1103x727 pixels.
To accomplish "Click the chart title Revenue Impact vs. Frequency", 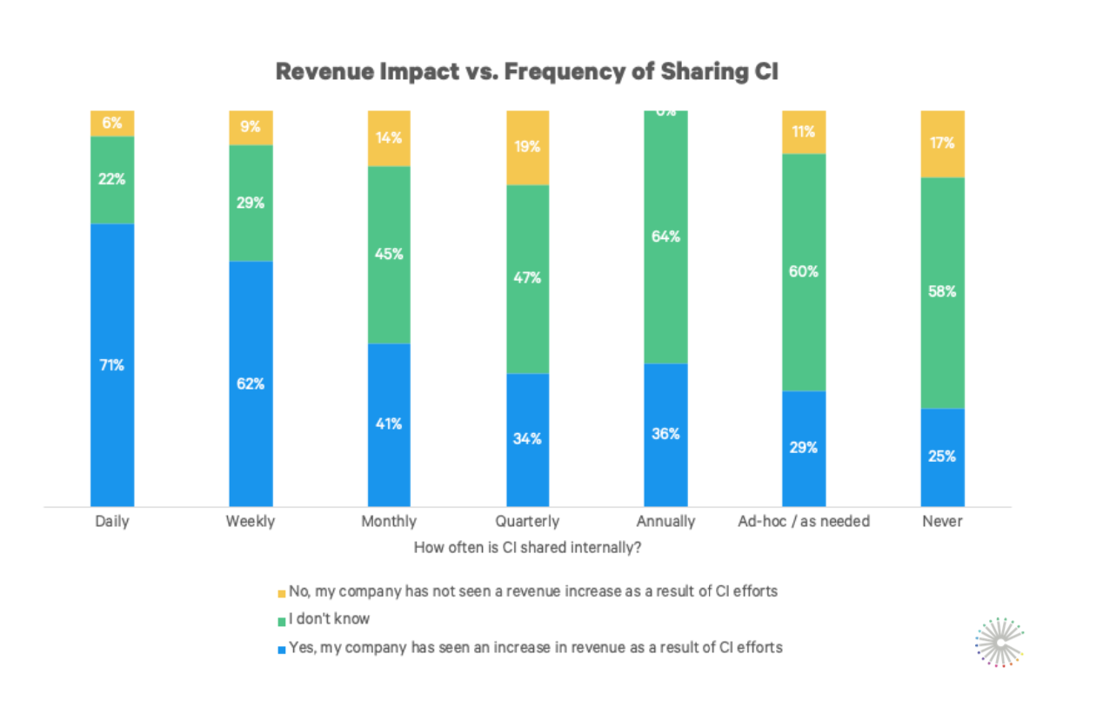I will point(526,72).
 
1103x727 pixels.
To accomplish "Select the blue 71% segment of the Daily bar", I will point(112,365).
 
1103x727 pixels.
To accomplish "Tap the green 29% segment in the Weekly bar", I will point(251,203).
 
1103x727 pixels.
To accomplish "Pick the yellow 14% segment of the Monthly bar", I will point(389,138).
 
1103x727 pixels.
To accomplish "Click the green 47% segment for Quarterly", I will point(527,278).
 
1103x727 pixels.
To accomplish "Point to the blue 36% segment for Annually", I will point(665,434).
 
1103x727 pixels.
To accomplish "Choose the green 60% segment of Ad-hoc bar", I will point(804,271).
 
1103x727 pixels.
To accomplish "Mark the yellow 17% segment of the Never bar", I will point(942,143).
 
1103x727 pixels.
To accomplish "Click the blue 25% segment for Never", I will point(942,457).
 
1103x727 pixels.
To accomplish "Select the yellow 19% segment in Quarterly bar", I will point(527,147).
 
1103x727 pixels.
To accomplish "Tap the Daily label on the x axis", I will point(112,522).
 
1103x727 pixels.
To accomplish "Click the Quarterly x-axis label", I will point(527,522).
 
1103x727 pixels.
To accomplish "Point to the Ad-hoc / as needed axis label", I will point(804,522).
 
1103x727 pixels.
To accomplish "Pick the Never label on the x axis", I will point(942,522).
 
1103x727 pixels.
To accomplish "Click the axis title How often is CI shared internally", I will point(527,548).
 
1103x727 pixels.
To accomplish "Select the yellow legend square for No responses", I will point(281,593).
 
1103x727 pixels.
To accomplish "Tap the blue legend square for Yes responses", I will point(281,649).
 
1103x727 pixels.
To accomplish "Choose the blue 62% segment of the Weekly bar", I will point(251,383).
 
